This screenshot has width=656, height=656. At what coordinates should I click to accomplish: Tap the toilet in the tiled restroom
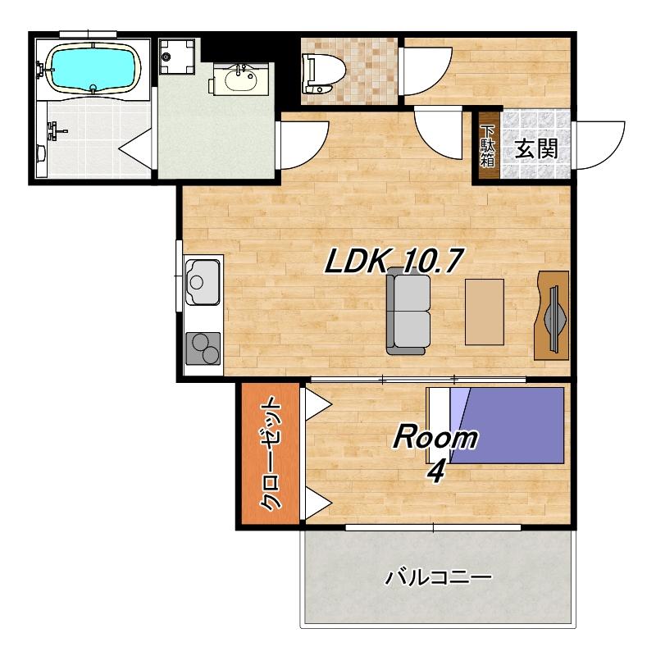click(323, 74)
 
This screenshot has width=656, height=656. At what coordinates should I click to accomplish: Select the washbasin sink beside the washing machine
click(240, 80)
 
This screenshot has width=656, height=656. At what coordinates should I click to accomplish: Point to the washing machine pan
click(177, 57)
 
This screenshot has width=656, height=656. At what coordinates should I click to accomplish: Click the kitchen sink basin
click(203, 282)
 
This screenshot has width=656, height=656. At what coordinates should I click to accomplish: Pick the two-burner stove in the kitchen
click(203, 348)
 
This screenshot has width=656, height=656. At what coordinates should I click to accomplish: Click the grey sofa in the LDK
click(408, 311)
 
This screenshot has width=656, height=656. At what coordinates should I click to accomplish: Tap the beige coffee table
click(485, 312)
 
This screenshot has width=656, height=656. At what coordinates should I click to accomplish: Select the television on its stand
click(552, 316)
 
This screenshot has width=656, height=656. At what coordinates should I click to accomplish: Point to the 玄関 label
click(536, 148)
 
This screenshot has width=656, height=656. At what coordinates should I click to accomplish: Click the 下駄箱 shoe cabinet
click(487, 147)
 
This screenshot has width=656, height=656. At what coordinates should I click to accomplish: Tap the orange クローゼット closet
click(271, 453)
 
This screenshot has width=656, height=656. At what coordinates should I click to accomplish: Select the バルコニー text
click(438, 578)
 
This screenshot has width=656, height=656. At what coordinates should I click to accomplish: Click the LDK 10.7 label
click(394, 260)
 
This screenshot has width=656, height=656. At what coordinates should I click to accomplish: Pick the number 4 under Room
click(436, 473)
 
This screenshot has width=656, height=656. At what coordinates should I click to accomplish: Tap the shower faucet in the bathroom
click(55, 131)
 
